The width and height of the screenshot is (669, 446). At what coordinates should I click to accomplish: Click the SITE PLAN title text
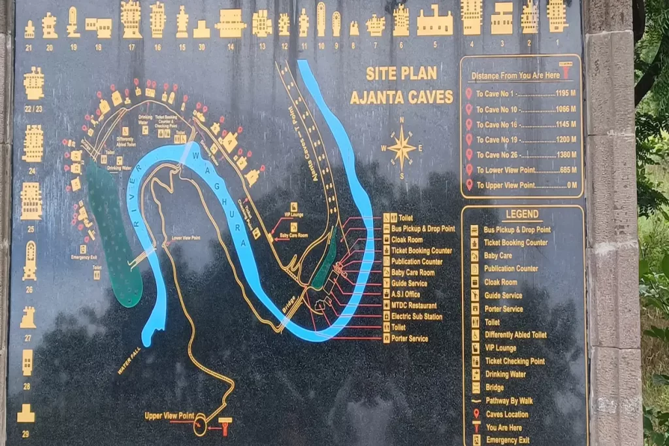coord(401,73)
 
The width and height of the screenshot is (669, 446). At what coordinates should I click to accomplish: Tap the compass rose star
coord(402,148)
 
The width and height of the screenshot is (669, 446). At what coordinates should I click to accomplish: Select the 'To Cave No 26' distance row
coord(523,155)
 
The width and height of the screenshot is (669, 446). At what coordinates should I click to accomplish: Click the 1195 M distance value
coord(566,94)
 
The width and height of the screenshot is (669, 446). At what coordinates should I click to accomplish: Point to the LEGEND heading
coord(522,214)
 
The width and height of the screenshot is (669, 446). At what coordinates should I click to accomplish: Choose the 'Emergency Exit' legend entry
coord(507,440)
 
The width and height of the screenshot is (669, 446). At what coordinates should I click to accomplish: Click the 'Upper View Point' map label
coord(169,416)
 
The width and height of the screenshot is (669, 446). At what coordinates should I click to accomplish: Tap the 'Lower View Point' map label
coord(186,238)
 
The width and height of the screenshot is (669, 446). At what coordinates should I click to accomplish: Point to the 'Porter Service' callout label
coord(410,339)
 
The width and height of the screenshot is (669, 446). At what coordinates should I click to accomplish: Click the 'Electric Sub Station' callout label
coord(416,317)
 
